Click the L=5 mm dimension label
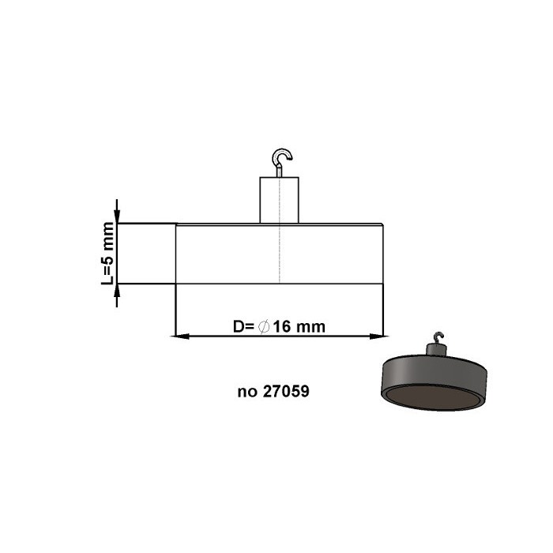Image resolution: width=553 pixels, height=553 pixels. [108, 254]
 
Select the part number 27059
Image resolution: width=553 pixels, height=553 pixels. [288, 390]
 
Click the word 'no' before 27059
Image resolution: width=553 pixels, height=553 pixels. [246, 390]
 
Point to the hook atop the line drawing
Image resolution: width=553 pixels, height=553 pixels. [281, 158]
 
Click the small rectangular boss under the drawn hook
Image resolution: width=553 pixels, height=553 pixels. [280, 201]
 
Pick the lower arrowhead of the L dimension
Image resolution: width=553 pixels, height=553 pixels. [117, 292]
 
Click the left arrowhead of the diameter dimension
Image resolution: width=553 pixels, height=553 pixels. [180, 337]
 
